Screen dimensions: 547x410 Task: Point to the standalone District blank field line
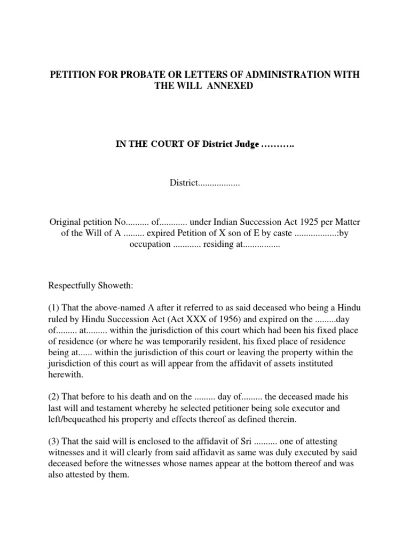point(204,183)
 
